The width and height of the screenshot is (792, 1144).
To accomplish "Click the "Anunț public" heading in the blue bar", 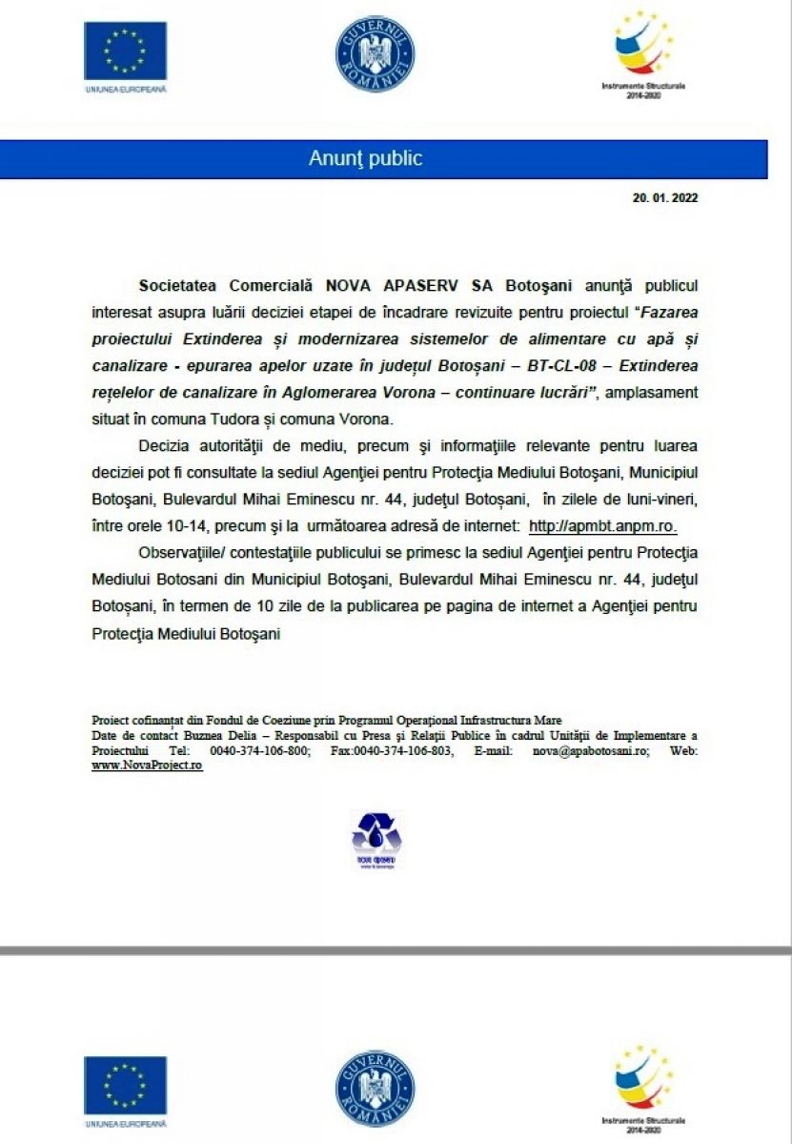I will coord(365,158).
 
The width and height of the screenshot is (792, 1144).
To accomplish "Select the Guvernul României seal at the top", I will coord(375,53).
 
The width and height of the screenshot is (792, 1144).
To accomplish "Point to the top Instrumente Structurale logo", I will coord(643,48).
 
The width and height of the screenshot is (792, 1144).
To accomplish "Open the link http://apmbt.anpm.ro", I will coord(602,525).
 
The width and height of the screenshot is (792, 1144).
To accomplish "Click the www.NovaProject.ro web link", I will coord(147,765).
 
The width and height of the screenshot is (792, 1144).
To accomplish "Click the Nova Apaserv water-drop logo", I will coord(376,839).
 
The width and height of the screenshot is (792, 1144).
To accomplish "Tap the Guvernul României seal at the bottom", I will coord(375,1089).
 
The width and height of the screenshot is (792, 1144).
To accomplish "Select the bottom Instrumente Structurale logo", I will coord(643,1082).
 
